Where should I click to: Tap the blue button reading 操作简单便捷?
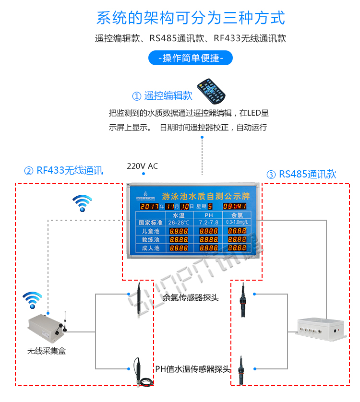(x=191, y=58)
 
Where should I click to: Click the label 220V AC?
(x=142, y=166)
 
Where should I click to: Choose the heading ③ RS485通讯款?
(x=301, y=174)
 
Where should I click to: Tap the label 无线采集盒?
(x=47, y=351)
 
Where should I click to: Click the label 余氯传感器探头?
(x=191, y=297)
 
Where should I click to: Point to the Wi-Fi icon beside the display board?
(x=82, y=203)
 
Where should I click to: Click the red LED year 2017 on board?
(x=149, y=206)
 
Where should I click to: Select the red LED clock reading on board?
(x=235, y=206)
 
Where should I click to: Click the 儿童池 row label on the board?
(x=147, y=231)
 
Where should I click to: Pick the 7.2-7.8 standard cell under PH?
(x=208, y=223)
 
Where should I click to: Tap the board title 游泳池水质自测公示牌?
(x=206, y=196)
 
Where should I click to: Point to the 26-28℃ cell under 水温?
(x=179, y=223)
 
